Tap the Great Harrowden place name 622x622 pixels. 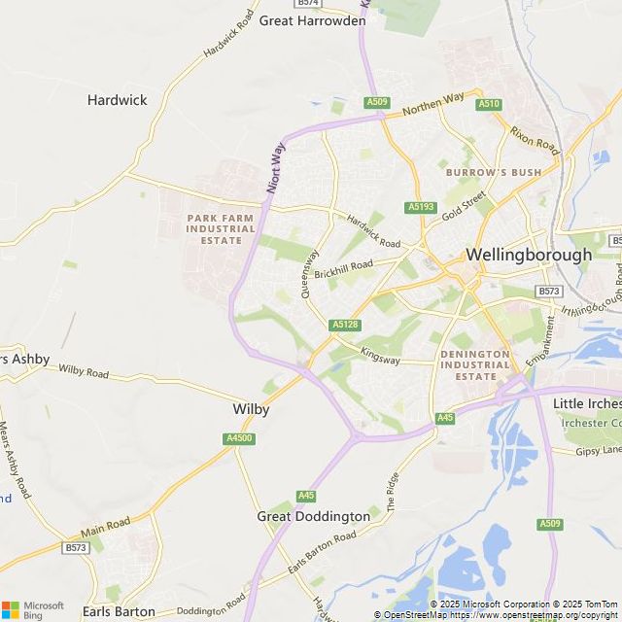point(312,20)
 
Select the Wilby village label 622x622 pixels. point(251,409)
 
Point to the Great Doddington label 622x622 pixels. point(313,516)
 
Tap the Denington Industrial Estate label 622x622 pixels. point(474,364)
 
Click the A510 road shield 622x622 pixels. point(489,104)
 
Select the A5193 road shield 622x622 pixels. point(422,207)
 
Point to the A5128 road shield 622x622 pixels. point(345,325)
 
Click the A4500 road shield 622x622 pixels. point(239,439)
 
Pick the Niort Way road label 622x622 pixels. point(276,167)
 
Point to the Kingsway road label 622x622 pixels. point(380,357)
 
